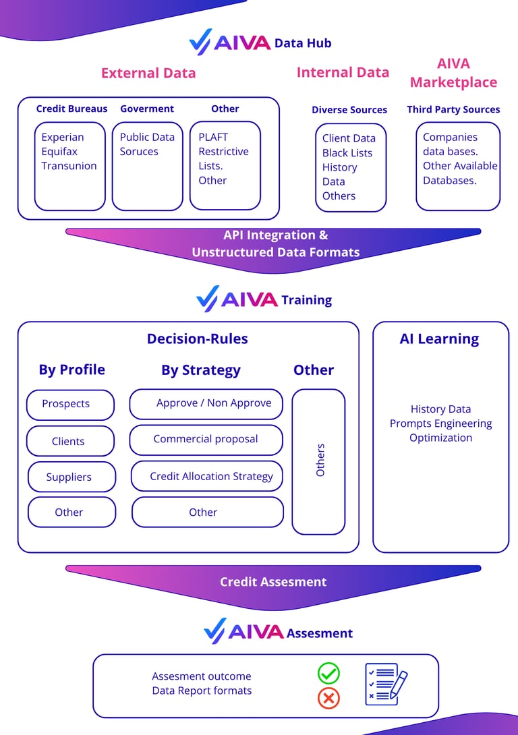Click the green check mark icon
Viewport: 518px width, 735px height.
[328, 673]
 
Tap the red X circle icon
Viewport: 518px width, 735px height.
[328, 699]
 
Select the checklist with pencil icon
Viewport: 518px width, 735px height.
[386, 684]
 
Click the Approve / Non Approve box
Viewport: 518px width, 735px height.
[206, 403]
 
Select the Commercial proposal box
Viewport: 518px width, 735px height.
[206, 439]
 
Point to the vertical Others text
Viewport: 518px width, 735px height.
[320, 460]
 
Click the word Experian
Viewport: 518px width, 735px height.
[63, 137]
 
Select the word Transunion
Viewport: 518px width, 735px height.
[69, 166]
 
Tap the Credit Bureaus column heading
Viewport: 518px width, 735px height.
[71, 109]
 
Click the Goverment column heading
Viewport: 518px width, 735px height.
[147, 109]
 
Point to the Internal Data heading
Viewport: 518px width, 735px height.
[343, 72]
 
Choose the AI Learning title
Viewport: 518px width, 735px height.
[439, 339]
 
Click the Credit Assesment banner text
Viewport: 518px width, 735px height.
[273, 582]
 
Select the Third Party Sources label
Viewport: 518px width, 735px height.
[453, 109]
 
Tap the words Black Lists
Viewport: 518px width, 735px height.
[347, 153]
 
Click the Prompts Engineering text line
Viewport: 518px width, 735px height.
[441, 423]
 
